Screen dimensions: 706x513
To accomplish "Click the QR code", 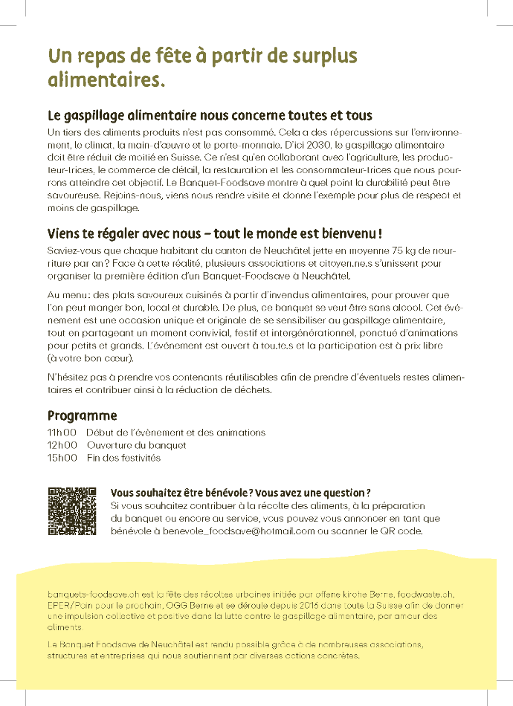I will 72,511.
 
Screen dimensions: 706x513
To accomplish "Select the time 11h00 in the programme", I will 62,432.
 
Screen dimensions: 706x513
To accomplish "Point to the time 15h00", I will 62,458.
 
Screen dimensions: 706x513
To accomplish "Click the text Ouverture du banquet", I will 136,445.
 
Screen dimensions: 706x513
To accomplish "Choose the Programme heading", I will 82,415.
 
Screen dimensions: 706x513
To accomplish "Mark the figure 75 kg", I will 387,251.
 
